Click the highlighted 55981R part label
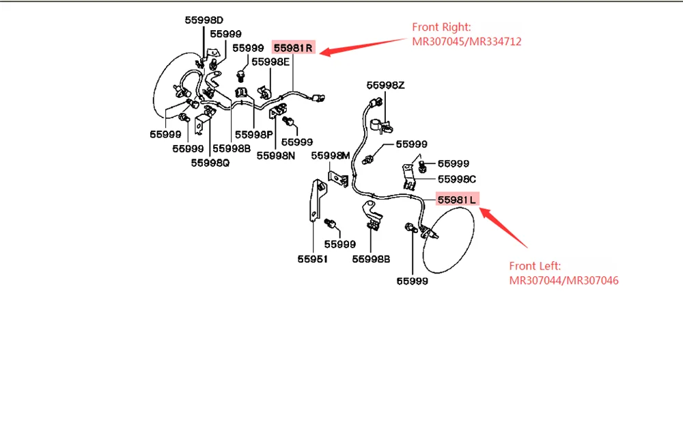pos(294,48)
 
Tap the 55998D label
pos(204,20)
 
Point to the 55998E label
pos(271,62)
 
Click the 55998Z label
pos(385,85)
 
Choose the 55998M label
pos(331,156)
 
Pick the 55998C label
pos(457,179)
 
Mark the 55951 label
pos(312,259)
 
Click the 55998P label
pos(254,134)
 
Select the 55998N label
pos(276,155)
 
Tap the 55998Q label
pos(210,163)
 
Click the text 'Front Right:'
pos(441,27)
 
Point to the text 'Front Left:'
pos(536,266)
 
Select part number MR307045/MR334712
pos(466,42)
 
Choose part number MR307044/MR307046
pos(564,280)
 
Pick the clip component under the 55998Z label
pos(381,124)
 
